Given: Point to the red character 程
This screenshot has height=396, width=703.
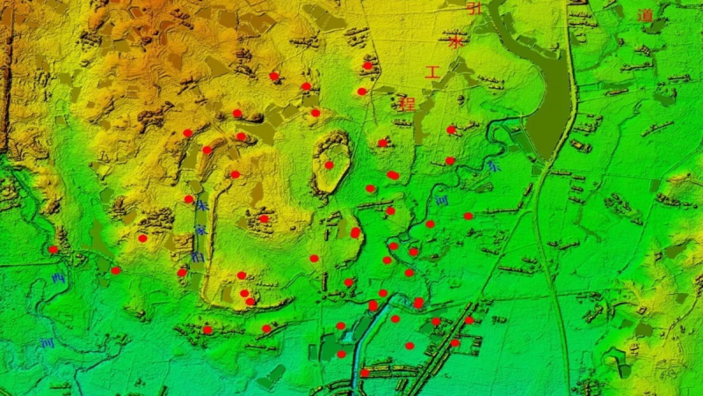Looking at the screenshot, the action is [407, 103].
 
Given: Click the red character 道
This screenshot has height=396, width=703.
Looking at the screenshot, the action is [646, 15].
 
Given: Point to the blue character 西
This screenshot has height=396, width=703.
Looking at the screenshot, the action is [59, 279].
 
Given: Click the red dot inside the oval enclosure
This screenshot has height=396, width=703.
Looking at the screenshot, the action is [329, 165].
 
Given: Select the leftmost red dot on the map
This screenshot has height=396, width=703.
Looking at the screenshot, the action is [53, 250].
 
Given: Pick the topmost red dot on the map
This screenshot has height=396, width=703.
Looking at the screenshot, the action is [367, 65].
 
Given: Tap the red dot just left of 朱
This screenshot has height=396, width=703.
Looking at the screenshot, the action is [189, 200].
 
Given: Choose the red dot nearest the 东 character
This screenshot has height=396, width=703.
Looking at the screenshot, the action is [450, 161].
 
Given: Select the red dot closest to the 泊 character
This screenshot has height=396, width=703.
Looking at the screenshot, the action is [183, 272].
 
